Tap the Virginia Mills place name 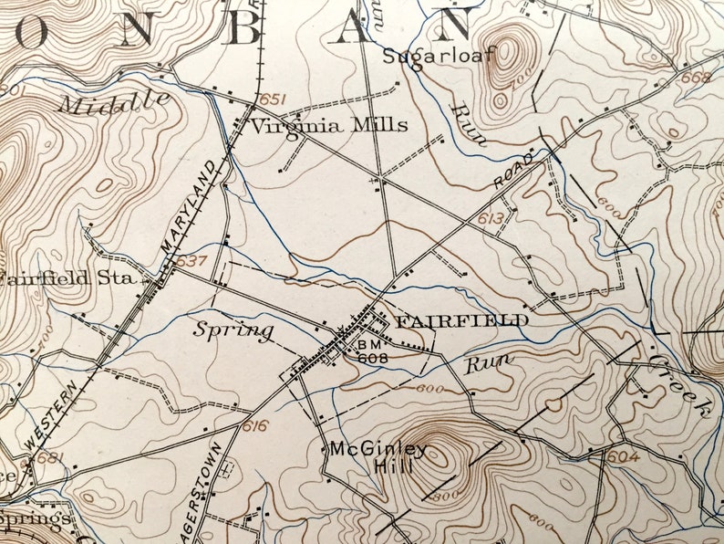point(329,126)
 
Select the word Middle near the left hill point(114,100)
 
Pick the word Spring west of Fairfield point(233,329)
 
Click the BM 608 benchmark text point(372,352)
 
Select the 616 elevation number point(256,426)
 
